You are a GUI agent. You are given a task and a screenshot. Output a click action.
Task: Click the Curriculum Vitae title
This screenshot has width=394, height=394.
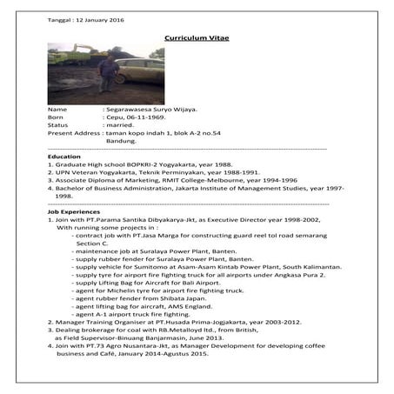tap(197, 38)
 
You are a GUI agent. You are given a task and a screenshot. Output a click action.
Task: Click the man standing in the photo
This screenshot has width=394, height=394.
tap(107, 76)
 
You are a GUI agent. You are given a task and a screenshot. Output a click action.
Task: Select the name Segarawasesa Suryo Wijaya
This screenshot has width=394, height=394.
tap(153, 110)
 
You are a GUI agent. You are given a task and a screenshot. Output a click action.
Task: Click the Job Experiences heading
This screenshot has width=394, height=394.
tap(73, 211)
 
